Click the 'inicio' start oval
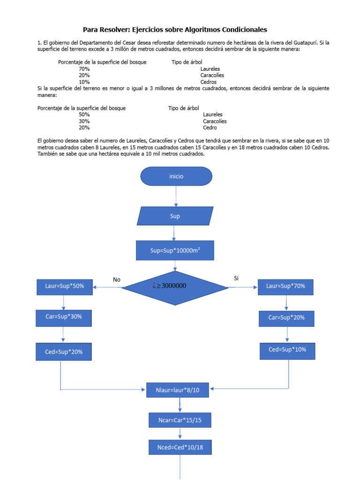point(176,176)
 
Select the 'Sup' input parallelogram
point(174,216)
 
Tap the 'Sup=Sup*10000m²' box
point(175,250)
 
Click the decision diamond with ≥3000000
point(175,287)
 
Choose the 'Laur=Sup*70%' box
point(285,286)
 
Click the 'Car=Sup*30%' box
point(64,316)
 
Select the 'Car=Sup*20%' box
point(286,318)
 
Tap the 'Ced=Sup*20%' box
point(64,351)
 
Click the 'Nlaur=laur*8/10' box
point(177,390)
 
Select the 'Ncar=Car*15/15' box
point(180,420)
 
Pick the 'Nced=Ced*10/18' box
point(180,448)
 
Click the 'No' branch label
point(117,280)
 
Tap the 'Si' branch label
point(236,278)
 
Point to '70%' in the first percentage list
point(84,69)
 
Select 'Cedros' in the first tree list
point(209,82)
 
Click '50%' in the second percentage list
point(84,114)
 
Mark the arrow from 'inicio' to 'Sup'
point(176,196)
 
